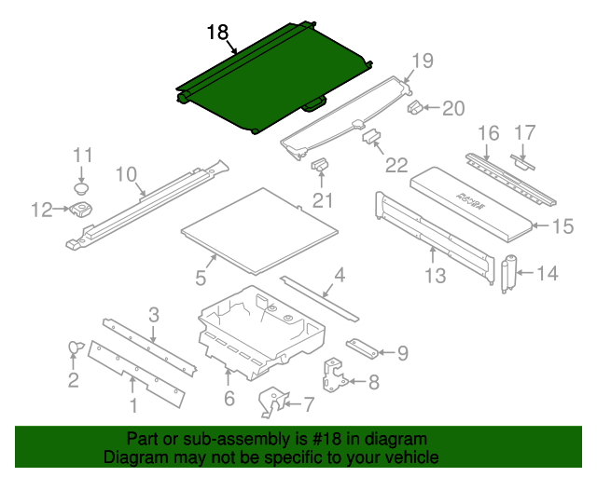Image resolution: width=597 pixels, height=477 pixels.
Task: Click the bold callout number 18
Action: pos(216,33)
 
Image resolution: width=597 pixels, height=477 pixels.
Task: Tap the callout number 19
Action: pos(423,61)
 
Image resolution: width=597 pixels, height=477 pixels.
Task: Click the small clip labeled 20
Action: pos(414,107)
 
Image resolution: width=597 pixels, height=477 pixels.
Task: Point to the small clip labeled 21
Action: pos(319,165)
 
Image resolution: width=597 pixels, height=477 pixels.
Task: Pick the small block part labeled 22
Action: pos(371,137)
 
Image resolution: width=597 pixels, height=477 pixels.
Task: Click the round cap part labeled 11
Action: pos(82,186)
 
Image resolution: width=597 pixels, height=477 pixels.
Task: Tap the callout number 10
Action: pos(126,173)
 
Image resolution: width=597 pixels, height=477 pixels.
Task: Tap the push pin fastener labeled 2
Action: pos(74,348)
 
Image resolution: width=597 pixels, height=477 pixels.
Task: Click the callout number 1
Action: pos(133,405)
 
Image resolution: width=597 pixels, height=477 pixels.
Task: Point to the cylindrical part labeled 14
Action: pos(509,274)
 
